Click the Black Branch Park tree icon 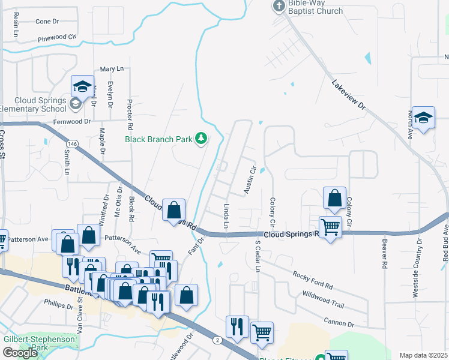[201, 139]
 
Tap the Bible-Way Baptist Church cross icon [279, 6]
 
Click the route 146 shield [71, 144]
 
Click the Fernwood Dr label [70, 121]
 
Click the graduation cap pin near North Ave [423, 118]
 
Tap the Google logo [20, 352]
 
